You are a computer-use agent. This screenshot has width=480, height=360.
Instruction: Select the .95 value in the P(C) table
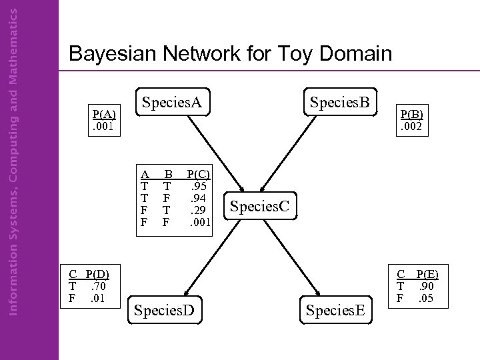[198, 186]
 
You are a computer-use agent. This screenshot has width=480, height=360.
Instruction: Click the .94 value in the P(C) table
[198, 197]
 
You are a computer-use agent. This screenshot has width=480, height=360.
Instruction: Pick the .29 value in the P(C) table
[198, 209]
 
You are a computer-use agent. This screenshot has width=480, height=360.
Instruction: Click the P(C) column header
[198, 175]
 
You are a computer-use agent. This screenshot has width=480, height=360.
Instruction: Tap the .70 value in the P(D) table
[99, 285]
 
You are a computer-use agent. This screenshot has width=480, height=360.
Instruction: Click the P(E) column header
[427, 274]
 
